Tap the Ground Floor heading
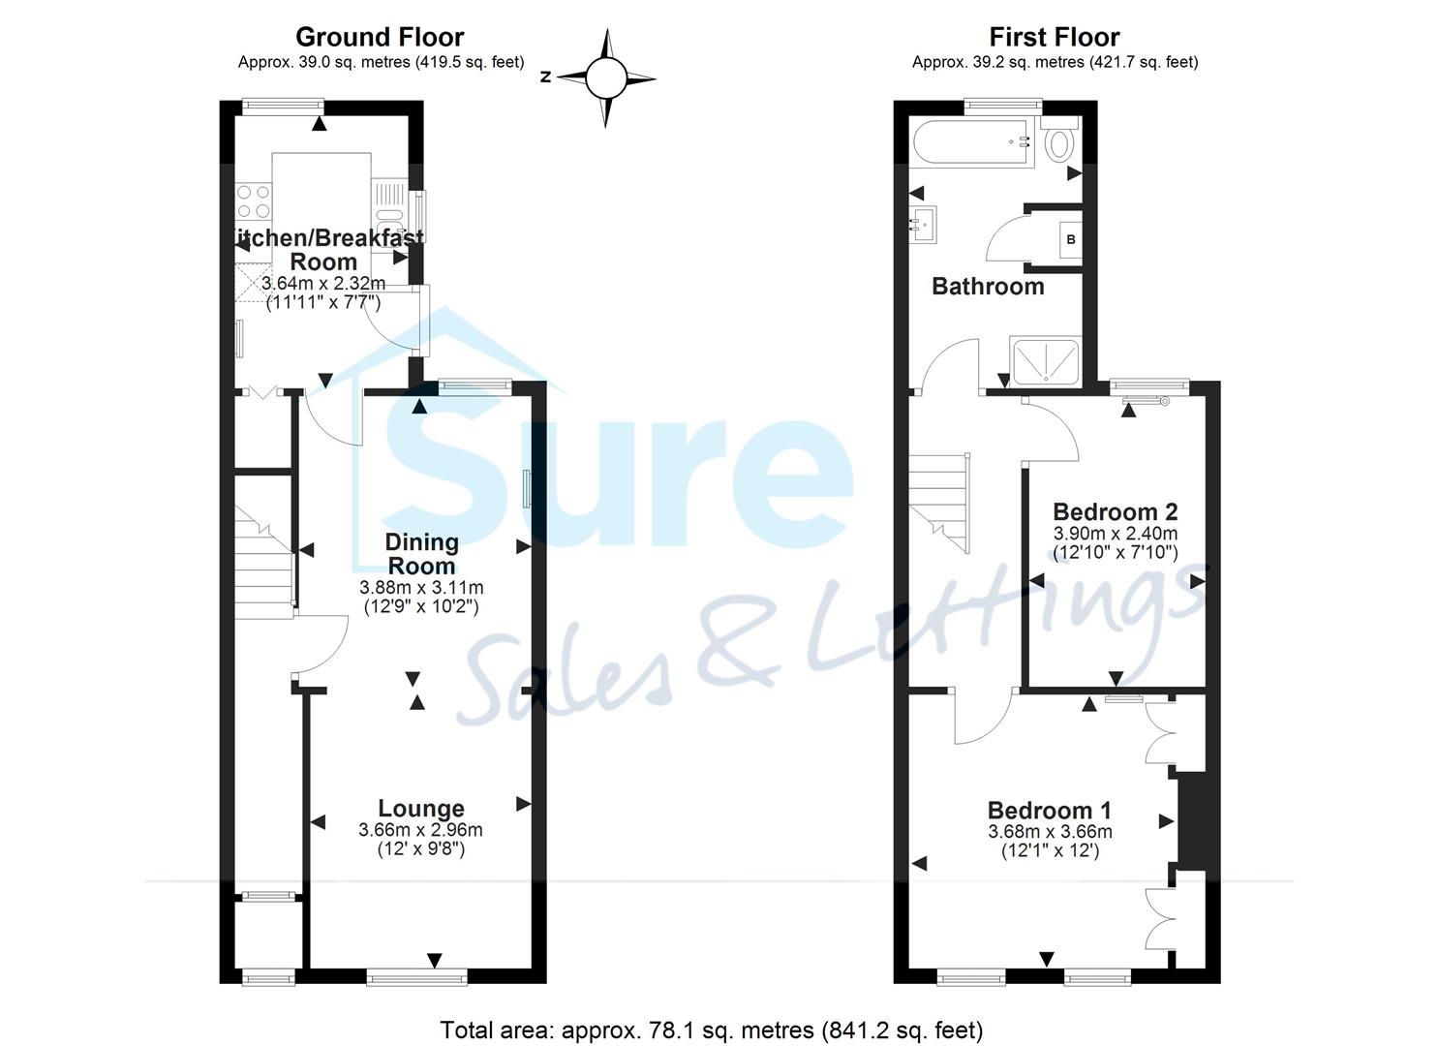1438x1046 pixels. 380,37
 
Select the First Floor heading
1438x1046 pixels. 1054,37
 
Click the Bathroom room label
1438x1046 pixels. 988,286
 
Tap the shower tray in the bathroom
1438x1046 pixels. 1044,361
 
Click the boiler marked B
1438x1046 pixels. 1070,238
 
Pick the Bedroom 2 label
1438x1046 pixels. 1115,511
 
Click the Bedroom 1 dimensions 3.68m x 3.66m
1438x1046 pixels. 1050,832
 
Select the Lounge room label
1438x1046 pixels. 420,808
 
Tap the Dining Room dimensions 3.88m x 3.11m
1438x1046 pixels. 421,588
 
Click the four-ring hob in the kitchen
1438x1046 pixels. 254,201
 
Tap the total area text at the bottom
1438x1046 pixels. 712,1030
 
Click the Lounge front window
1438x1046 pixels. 417,977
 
